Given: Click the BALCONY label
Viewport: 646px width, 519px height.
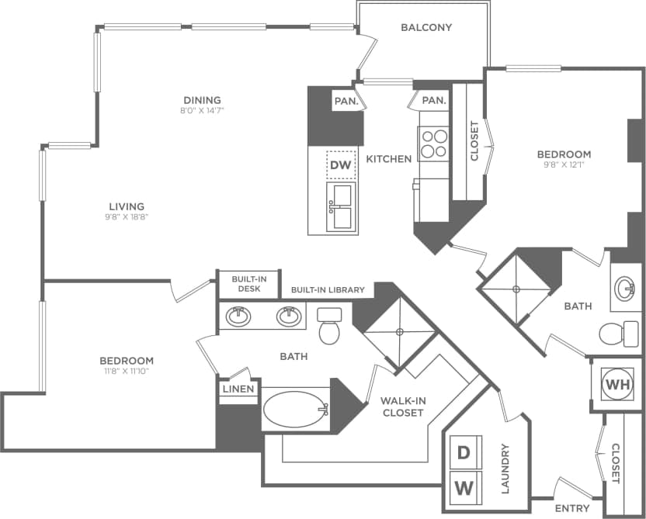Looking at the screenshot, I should [x=426, y=27].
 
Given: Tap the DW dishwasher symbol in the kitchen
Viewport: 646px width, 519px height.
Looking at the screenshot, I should [x=341, y=164].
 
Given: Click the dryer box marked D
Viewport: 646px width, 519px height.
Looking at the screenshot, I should [x=463, y=452].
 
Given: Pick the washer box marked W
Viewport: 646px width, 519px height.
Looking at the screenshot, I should [x=463, y=487].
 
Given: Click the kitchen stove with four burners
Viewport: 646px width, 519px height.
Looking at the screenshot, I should [x=434, y=143].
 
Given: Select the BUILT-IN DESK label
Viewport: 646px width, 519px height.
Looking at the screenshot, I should [x=238, y=284].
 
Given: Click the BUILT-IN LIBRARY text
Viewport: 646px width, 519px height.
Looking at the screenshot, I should [x=328, y=290].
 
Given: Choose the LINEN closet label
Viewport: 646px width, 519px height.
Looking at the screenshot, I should [x=238, y=389].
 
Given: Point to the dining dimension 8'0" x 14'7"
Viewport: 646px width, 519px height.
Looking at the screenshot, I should [x=202, y=110].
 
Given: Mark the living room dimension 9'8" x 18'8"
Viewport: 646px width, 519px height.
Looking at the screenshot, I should [x=127, y=217].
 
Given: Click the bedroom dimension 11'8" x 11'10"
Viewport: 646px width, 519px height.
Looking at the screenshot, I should [x=127, y=372].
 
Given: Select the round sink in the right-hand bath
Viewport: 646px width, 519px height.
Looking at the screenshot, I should [x=624, y=289].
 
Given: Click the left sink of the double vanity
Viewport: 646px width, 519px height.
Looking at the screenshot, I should [x=238, y=316].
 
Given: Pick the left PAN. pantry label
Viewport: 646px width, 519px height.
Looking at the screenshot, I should [x=346, y=101].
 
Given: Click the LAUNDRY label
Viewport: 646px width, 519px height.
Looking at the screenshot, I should [x=505, y=469].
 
